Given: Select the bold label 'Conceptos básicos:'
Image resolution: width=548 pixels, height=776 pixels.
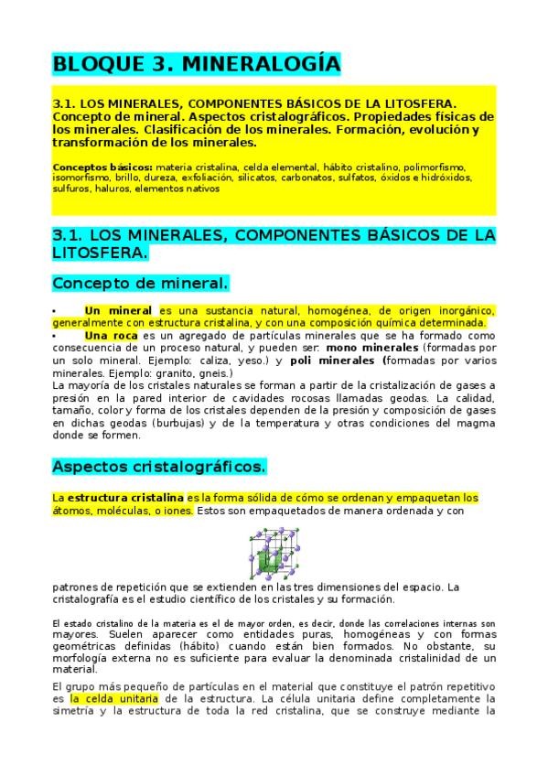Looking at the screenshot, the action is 102,167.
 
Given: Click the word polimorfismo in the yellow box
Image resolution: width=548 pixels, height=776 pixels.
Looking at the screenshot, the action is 433,167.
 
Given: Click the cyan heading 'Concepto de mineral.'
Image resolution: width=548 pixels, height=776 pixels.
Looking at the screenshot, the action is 139,282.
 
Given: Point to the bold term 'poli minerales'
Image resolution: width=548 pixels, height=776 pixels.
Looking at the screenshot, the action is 330,361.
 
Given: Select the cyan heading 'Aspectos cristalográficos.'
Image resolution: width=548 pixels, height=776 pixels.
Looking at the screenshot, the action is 158,467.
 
